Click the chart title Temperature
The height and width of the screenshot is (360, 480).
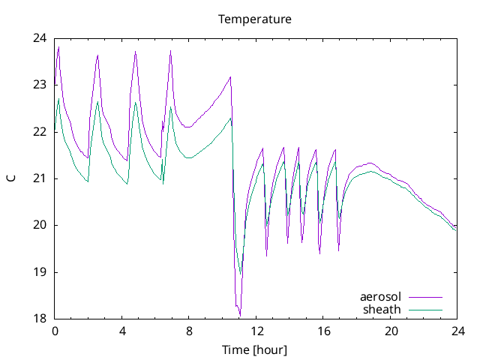coord(255,19)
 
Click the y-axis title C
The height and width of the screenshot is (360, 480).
coord(11,178)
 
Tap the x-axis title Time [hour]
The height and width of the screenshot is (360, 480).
coord(255,350)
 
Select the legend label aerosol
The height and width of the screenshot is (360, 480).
coord(381,297)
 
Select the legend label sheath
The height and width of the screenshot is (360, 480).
coord(382,309)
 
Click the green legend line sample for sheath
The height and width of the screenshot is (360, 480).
coord(425,309)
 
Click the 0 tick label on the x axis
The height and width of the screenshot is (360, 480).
coord(55,331)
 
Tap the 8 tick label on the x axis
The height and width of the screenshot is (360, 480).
coord(189,331)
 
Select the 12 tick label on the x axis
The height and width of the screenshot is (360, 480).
coord(256,331)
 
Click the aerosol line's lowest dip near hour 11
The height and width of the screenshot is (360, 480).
coord(239,315)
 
